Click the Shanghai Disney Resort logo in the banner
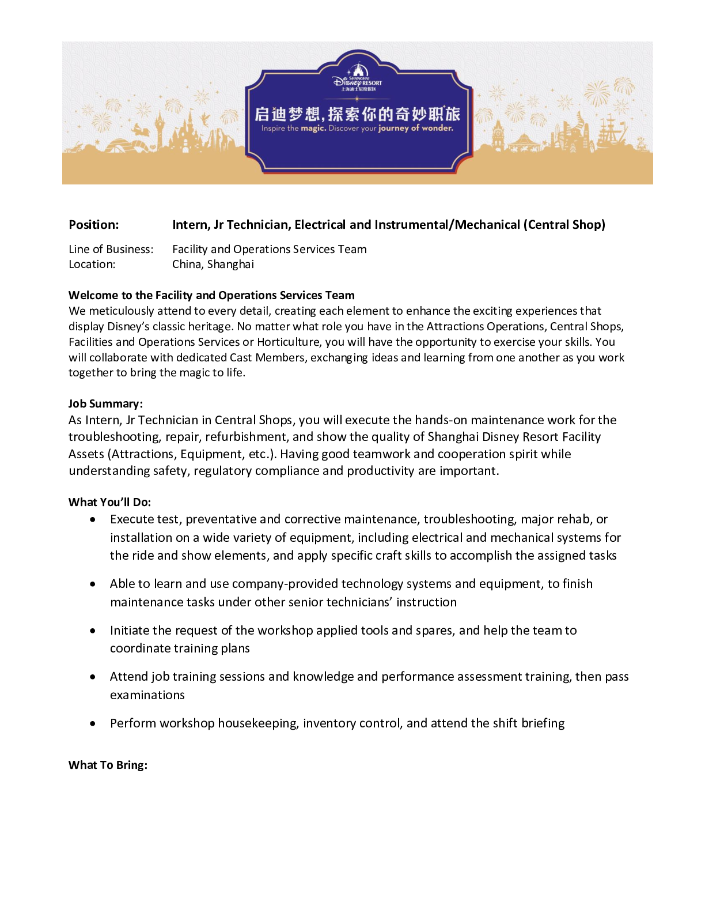point(357,78)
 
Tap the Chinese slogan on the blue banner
point(357,114)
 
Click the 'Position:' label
point(94,225)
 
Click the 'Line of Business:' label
point(111,249)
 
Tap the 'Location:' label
point(92,264)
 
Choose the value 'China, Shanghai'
point(213,264)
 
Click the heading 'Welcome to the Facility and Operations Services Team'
point(211,295)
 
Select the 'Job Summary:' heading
point(105,403)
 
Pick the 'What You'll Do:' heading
point(109,502)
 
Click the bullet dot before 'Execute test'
point(93,520)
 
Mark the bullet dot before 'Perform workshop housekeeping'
point(93,723)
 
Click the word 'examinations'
point(147,695)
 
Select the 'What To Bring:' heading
point(108,765)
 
